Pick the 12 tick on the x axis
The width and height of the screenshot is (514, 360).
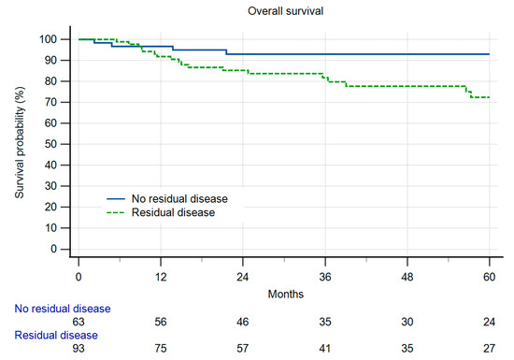click(161, 278)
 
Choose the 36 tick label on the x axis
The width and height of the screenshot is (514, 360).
click(324, 278)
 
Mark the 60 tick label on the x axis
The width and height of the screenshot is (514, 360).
click(489, 278)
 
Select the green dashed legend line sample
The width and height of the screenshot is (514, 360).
click(116, 213)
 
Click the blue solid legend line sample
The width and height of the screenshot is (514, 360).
click(116, 199)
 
